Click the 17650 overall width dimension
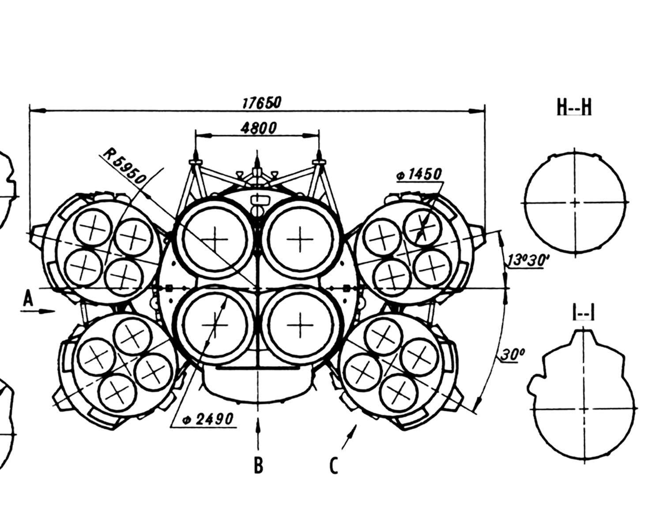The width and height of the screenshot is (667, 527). click(x=261, y=103)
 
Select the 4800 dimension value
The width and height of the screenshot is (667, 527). click(x=259, y=128)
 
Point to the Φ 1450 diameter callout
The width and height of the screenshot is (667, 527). click(x=419, y=174)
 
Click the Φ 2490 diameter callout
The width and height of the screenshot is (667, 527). click(x=207, y=419)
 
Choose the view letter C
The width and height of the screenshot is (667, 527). click(x=334, y=465)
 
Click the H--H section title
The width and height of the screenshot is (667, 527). click(x=574, y=107)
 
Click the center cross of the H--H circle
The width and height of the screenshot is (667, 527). click(x=575, y=202)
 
